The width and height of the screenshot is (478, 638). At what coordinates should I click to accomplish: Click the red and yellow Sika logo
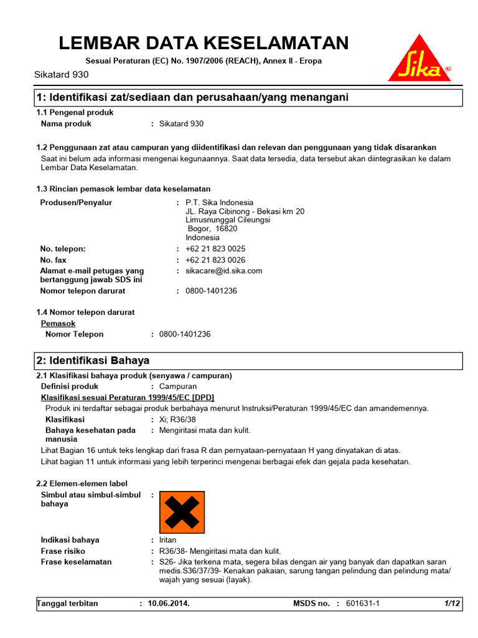[419, 59]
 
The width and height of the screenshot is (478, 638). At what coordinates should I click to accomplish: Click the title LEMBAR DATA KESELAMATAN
[204, 43]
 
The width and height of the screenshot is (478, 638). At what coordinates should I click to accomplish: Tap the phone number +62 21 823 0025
[215, 249]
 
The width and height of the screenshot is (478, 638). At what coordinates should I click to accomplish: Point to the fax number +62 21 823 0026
[215, 260]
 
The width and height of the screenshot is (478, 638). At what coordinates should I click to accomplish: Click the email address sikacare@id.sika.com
[224, 271]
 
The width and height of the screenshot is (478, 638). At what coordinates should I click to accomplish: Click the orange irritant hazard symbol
[182, 512]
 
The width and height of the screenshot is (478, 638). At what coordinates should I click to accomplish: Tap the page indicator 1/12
[452, 604]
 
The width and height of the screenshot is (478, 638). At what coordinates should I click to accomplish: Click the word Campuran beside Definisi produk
[178, 386]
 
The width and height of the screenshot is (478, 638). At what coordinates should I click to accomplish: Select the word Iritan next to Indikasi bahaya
[168, 540]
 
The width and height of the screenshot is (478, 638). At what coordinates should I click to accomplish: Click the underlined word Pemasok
[58, 323]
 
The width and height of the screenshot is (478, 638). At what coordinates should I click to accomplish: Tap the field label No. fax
[53, 260]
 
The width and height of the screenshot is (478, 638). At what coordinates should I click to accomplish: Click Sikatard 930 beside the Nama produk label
[181, 124]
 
